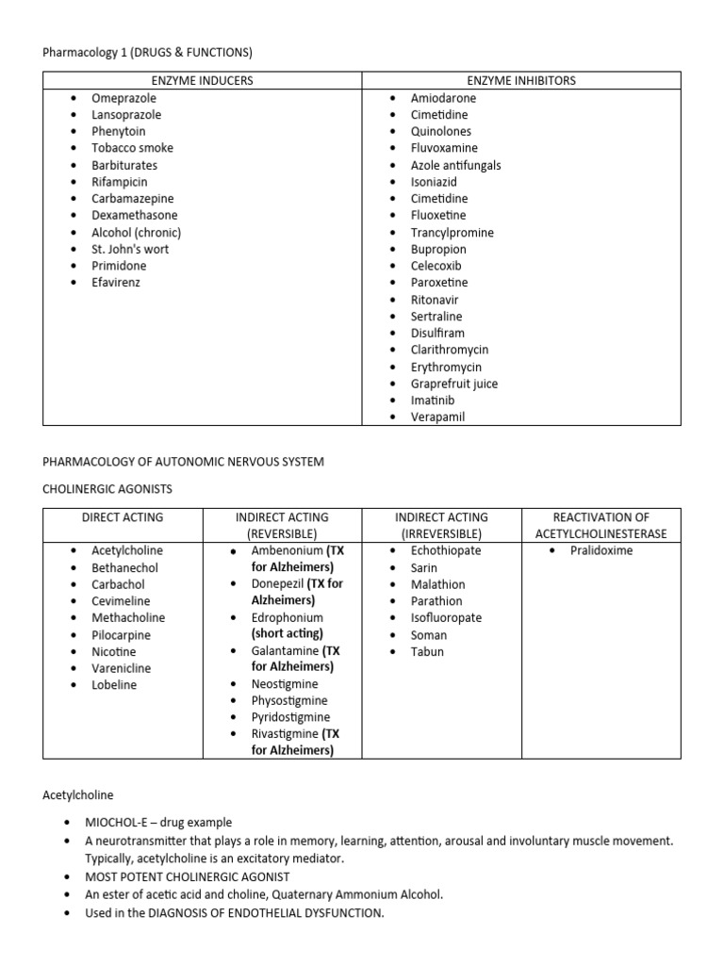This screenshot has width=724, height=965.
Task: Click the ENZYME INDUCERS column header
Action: (x=202, y=80)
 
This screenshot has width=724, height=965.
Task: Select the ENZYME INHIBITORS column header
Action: (x=521, y=80)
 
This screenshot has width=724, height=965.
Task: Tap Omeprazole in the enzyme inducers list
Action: (x=123, y=98)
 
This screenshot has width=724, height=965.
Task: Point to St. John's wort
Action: (x=130, y=249)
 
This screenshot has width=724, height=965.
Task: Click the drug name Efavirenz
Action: (x=115, y=283)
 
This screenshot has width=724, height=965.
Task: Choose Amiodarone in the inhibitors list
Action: (x=443, y=98)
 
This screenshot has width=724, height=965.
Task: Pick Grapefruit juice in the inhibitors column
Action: (x=454, y=384)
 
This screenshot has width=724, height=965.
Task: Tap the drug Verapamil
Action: (x=437, y=417)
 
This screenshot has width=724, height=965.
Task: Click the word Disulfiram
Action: (x=437, y=333)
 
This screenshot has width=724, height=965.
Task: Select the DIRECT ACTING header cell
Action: (x=123, y=517)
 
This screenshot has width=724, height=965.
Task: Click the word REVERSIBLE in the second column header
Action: (x=282, y=533)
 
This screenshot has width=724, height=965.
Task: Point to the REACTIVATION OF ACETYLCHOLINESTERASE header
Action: (x=601, y=525)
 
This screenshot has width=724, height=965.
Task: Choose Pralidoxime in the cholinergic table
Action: (x=601, y=550)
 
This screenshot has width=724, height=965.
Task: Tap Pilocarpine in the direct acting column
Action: (x=121, y=635)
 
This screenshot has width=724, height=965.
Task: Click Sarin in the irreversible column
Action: (x=424, y=567)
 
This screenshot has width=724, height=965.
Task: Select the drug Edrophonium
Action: (x=287, y=617)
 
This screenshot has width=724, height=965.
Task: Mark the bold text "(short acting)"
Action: (x=288, y=633)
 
